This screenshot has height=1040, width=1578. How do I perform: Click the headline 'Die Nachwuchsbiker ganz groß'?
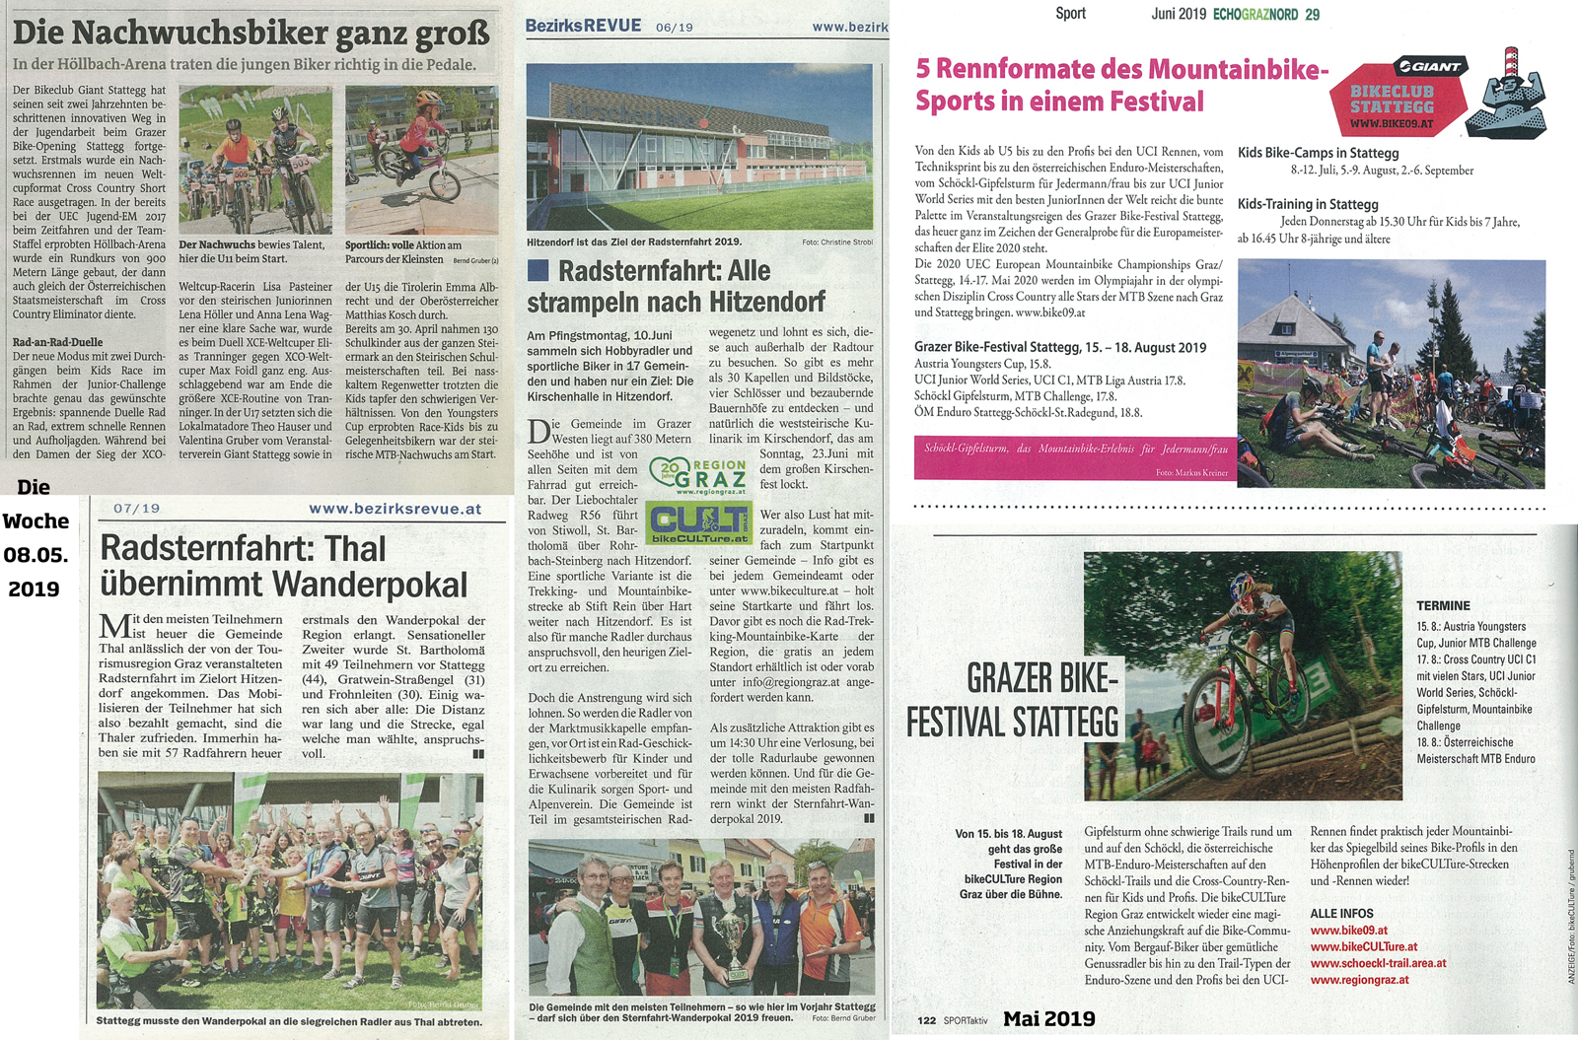point(251,32)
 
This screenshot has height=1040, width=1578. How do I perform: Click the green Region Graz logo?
point(698,476)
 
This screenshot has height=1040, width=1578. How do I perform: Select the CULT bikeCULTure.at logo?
point(698,521)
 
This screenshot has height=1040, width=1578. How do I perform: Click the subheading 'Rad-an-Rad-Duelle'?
point(57,342)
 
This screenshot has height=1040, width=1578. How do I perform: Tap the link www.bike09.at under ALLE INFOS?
point(1348,931)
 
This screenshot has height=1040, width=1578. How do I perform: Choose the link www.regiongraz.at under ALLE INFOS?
point(1359,980)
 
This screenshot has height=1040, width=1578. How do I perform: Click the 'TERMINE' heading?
point(1443,605)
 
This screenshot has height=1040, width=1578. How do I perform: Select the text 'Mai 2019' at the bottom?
point(1048,1019)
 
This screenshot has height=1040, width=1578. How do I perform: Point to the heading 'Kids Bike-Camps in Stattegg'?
point(1318,153)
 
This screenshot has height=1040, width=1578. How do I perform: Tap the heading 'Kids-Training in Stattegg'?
point(1309,204)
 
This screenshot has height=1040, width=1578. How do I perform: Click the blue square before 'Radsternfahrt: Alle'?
point(538,270)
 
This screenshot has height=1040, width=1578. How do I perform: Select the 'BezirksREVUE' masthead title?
point(583,26)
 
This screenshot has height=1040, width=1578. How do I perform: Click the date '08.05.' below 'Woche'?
point(36,554)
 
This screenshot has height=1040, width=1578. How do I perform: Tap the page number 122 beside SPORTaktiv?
point(926,1020)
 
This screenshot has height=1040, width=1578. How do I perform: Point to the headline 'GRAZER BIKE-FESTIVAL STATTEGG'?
point(1013,700)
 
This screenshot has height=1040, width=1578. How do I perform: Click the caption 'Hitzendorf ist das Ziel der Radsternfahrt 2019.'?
point(634,242)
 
